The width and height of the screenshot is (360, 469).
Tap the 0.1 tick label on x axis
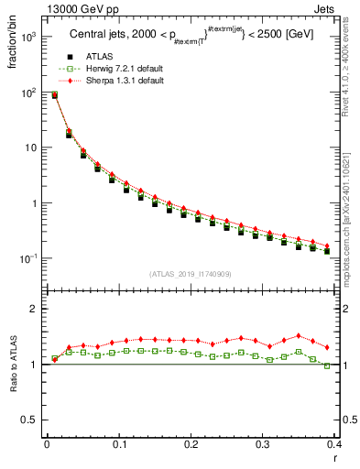[x=119, y=444]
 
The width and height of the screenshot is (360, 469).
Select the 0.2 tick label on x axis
[x=191, y=444]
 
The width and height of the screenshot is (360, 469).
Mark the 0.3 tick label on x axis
[x=264, y=444]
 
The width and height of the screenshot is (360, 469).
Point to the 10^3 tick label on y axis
[x=28, y=38]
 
